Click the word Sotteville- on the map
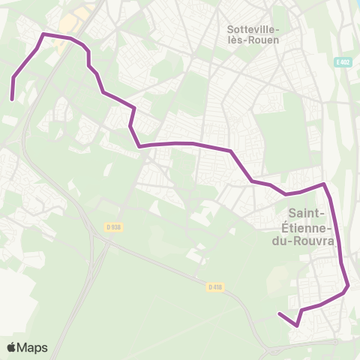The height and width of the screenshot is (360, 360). click(x=253, y=29)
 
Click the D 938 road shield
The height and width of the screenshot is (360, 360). click(x=112, y=226)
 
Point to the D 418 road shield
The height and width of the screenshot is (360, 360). click(x=215, y=286)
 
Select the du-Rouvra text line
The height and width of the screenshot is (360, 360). click(x=304, y=241)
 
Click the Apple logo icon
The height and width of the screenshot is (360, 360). click(x=12, y=347)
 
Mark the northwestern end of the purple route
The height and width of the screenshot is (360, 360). click(x=12, y=98)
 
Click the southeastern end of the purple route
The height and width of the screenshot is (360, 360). click(x=279, y=313)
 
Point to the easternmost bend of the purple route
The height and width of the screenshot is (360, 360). click(x=349, y=285)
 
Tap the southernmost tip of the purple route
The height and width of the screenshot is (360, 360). click(x=297, y=325)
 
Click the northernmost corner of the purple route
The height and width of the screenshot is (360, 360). click(x=43, y=34)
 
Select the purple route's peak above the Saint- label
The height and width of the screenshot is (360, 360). click(x=323, y=183)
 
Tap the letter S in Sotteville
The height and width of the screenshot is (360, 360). click(x=229, y=29)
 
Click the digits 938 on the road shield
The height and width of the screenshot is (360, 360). click(x=115, y=226)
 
